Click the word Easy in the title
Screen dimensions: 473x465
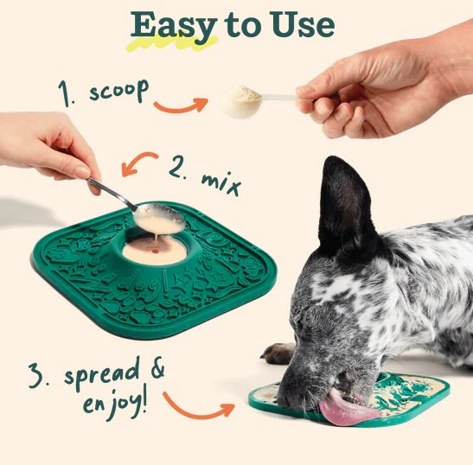point(174,27)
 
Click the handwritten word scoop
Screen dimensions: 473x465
point(118,91)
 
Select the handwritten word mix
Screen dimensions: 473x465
point(221,183)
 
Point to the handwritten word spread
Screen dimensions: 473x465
point(102,375)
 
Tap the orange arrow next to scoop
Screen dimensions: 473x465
point(181,105)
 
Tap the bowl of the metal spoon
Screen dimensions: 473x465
point(159,218)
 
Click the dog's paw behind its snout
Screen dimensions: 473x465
point(277,354)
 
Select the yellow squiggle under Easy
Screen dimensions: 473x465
point(172,43)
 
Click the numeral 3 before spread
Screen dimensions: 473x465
point(36,375)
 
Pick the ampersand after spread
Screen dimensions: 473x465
point(157,367)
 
